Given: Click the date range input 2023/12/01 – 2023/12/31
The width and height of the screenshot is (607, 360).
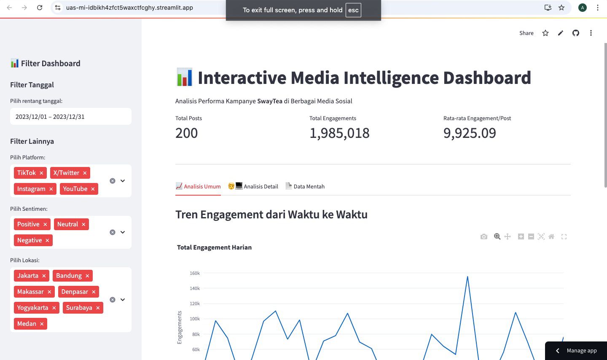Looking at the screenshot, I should click(x=70, y=117).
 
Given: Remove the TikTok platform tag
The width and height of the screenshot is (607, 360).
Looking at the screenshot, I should click(x=41, y=173).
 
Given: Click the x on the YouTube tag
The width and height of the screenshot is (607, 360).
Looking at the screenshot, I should click(x=93, y=189).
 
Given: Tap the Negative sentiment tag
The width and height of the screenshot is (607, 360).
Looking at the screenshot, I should click(x=29, y=240).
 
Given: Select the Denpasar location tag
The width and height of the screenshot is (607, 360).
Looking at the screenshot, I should click(x=75, y=292).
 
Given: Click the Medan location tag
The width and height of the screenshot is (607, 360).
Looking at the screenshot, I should click(x=27, y=324).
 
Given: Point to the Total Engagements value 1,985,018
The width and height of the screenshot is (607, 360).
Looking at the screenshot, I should click(x=339, y=133).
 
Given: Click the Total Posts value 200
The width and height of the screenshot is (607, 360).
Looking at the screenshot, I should click(x=186, y=133).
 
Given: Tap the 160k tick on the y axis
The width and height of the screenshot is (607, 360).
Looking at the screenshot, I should click(x=195, y=273).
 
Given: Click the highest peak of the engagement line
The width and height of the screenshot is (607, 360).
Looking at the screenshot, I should click(x=467, y=277).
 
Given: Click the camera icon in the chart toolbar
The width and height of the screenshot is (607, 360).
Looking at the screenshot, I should click(x=484, y=236).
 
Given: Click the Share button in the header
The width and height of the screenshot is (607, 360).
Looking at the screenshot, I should click(x=526, y=33).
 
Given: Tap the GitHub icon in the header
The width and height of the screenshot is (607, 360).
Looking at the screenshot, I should click(x=576, y=33).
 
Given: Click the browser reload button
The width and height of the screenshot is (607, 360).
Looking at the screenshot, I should click(x=40, y=8).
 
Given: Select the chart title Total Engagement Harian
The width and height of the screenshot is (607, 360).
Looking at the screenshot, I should click(x=214, y=247).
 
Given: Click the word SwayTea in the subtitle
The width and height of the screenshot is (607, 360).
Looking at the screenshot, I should click(x=270, y=101).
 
